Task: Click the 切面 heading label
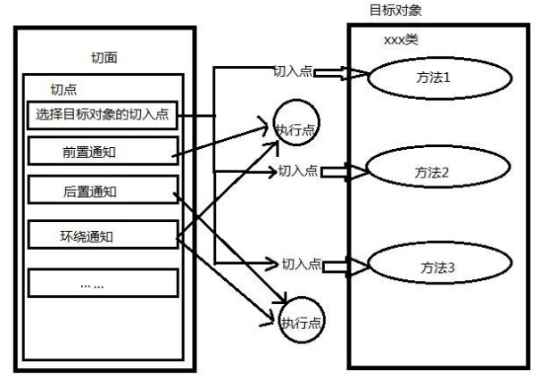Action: (x=104, y=58)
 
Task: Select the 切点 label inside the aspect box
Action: (x=64, y=90)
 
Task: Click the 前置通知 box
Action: (x=100, y=152)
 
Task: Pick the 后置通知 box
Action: (x=100, y=191)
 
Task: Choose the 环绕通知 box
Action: (x=100, y=236)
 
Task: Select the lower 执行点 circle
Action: (x=301, y=321)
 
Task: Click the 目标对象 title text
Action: (x=395, y=11)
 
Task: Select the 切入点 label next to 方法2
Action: (x=298, y=170)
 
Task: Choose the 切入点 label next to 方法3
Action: (x=301, y=264)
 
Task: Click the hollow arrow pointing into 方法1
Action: (x=336, y=72)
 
